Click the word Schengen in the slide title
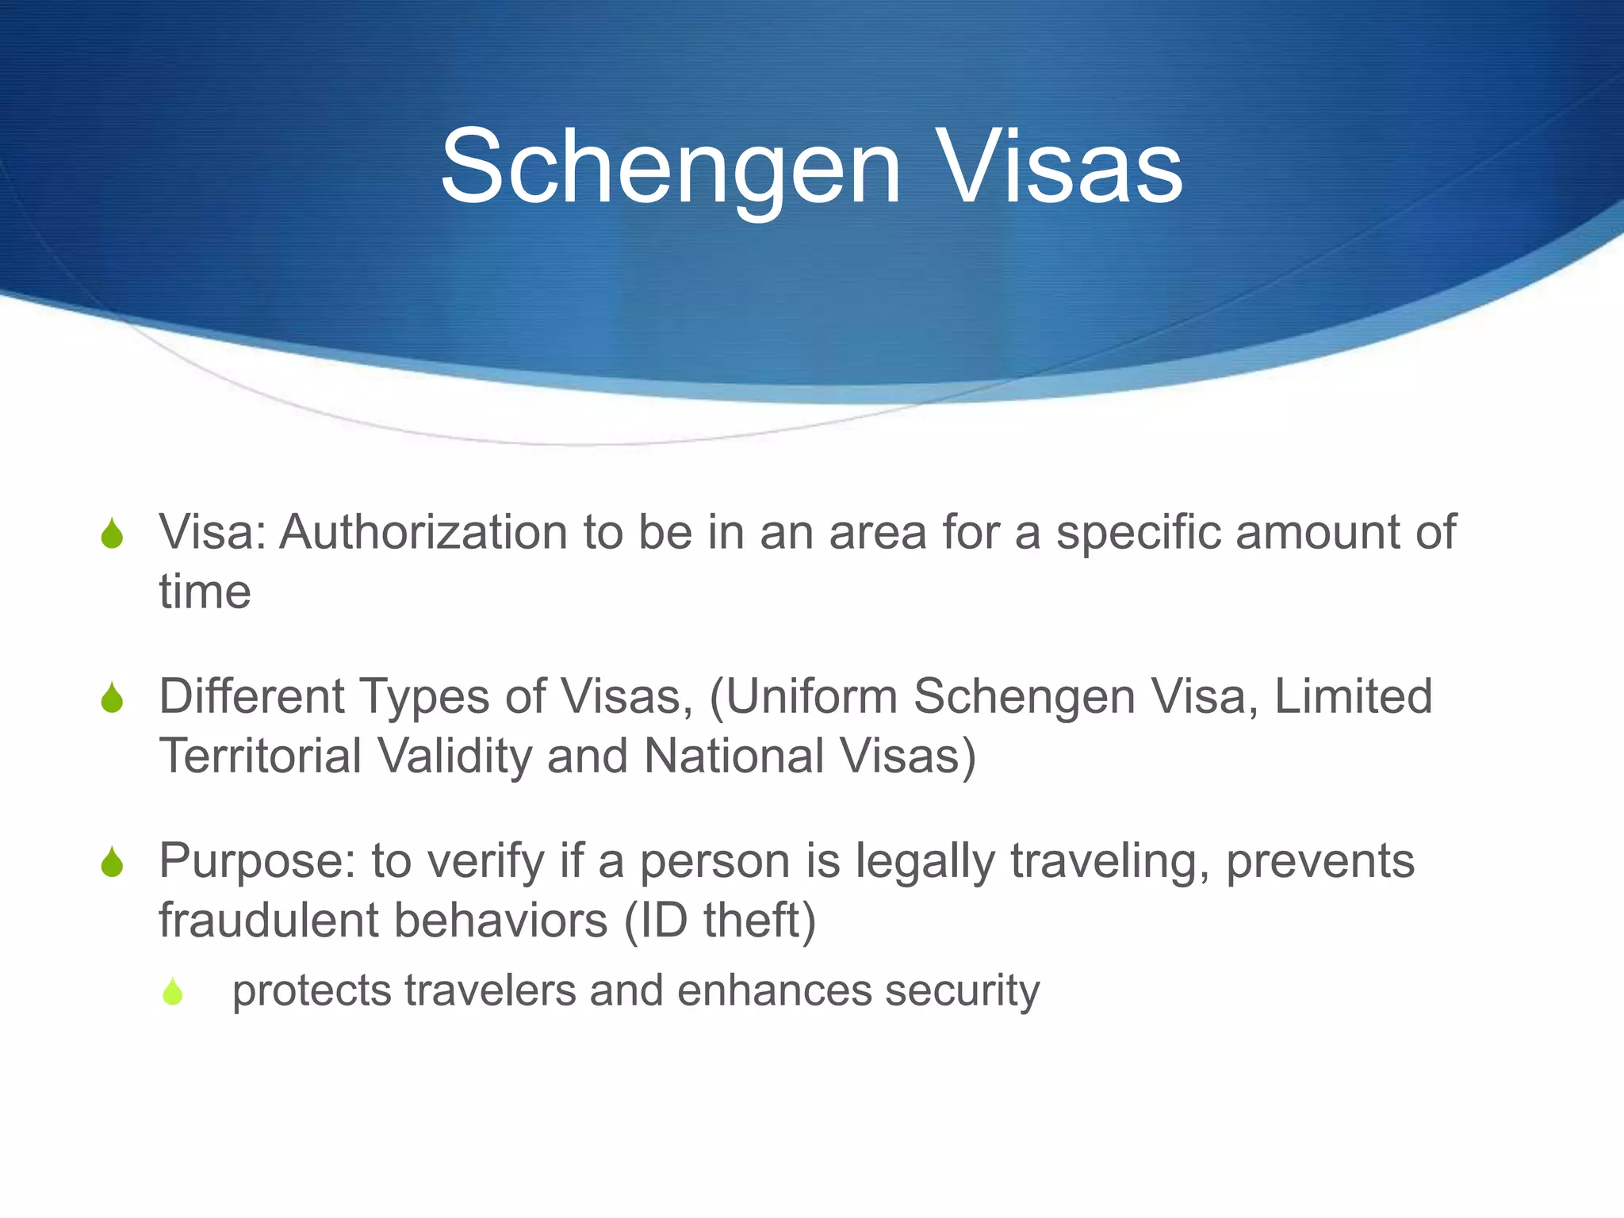click(x=670, y=168)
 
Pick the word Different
click(x=252, y=696)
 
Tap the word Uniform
click(x=810, y=696)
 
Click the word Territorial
click(x=261, y=756)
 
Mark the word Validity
click(x=454, y=756)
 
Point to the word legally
click(x=925, y=861)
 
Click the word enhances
click(x=774, y=990)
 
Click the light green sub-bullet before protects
click(x=173, y=991)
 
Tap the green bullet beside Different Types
click(x=113, y=698)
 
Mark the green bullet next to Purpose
click(x=113, y=863)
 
